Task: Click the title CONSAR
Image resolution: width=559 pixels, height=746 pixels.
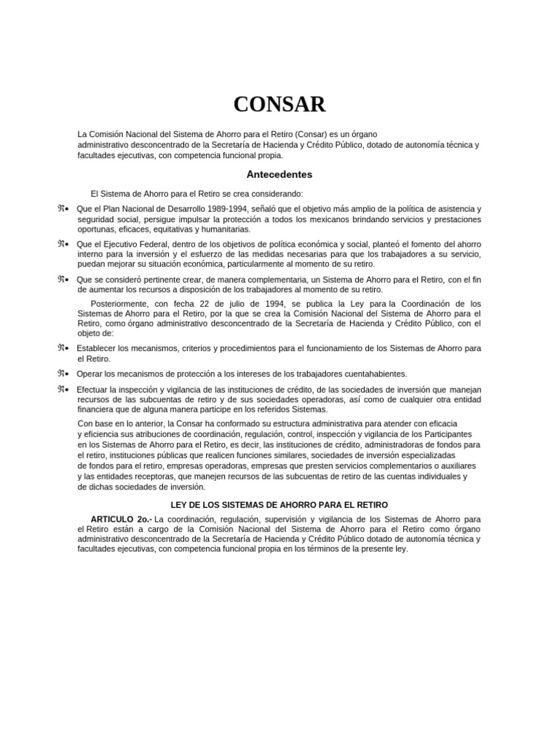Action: (279, 105)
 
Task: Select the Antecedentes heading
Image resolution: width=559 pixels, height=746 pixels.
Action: (279, 175)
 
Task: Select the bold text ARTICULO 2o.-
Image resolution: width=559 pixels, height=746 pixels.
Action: (117, 519)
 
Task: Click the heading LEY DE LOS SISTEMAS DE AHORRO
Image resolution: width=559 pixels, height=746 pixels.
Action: (279, 504)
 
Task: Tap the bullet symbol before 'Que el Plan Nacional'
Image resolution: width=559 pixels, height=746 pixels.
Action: (63, 209)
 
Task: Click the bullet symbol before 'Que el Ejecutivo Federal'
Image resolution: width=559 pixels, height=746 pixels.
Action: (63, 243)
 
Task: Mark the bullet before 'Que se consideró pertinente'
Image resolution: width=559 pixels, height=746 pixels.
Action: (63, 279)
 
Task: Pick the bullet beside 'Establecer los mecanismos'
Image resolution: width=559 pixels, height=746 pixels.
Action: (63, 348)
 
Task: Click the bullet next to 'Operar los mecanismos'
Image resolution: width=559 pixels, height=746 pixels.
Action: (63, 374)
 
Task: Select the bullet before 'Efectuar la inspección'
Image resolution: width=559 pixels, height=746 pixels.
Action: (63, 390)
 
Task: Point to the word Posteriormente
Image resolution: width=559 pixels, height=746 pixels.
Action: (119, 303)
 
